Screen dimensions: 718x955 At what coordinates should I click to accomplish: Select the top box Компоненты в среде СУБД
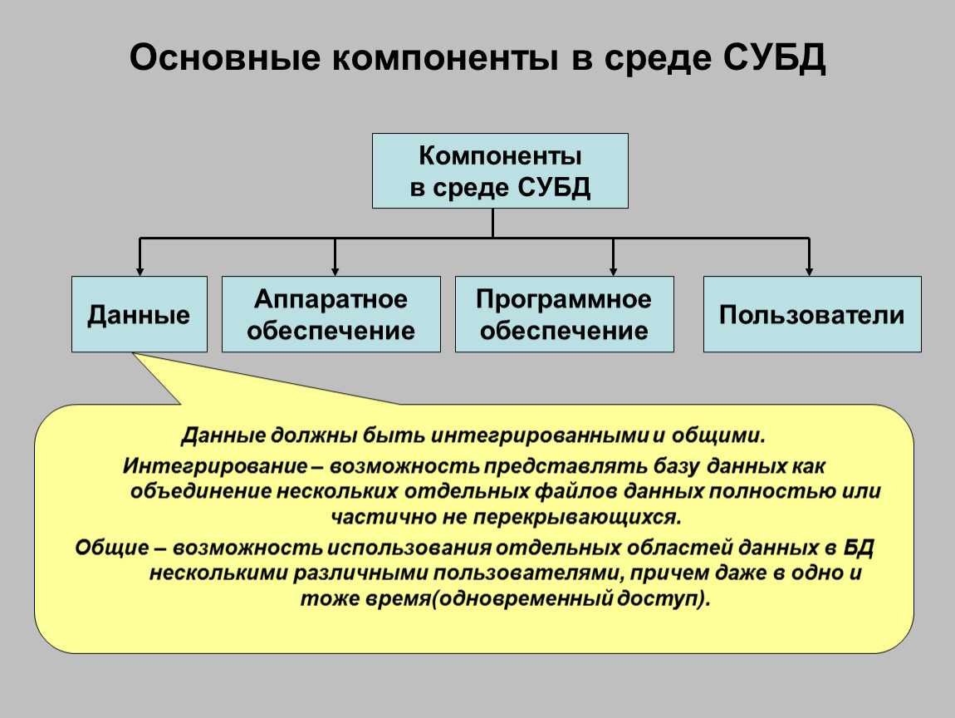pyautogui.click(x=500, y=171)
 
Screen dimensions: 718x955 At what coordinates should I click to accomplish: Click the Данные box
pyautogui.click(x=140, y=315)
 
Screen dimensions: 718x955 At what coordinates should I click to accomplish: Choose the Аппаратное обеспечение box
pyautogui.click(x=331, y=315)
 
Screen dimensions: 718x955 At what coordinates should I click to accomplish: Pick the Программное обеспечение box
pyautogui.click(x=564, y=315)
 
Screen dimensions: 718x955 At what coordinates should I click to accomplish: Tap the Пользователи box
pyautogui.click(x=811, y=315)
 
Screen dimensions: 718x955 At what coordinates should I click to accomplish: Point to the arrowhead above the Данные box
pyautogui.click(x=140, y=271)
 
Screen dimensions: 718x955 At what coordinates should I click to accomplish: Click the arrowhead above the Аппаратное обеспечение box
pyautogui.click(x=335, y=271)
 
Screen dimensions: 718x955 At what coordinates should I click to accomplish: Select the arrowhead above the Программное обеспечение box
pyautogui.click(x=613, y=271)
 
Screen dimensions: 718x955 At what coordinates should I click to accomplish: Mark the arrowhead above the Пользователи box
pyautogui.click(x=808, y=271)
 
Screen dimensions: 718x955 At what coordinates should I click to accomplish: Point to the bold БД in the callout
pyautogui.click(x=859, y=548)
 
